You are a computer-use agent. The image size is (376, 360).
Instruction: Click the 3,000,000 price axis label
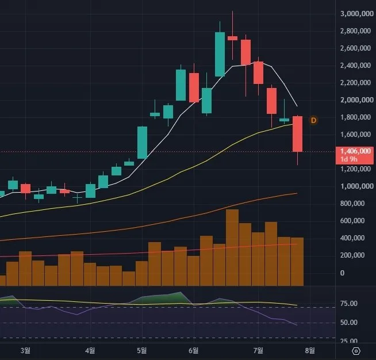357,14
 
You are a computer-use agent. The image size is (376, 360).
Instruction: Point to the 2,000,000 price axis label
357,99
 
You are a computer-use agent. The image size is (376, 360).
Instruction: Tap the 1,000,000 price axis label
357,186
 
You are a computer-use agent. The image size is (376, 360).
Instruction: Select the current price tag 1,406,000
355,151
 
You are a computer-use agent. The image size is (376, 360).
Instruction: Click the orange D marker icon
313,120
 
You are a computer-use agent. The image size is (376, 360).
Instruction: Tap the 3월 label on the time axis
25,351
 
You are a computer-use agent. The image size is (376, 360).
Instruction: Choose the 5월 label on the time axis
142,351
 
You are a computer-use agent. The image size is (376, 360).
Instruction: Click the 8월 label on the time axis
310,351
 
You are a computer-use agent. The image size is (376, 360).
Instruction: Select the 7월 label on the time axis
258,351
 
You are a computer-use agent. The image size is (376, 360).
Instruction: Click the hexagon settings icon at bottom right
356,351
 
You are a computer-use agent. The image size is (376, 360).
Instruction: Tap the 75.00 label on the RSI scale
348,304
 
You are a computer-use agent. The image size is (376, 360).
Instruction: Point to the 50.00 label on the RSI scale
348,323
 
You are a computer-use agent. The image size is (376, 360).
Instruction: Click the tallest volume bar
232,247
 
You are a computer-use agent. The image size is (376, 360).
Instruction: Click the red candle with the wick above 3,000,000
232,38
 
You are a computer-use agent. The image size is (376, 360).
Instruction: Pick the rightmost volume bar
297,262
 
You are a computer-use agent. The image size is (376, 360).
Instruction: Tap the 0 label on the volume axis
342,273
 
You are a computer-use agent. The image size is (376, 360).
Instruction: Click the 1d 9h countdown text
349,159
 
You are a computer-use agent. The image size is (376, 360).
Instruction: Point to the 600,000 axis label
352,221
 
